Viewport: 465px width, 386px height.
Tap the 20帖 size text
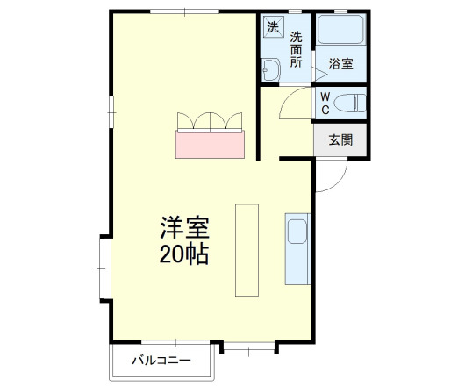tap(184, 255)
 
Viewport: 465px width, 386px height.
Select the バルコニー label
tap(162, 360)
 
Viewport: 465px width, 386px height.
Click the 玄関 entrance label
tap(340, 140)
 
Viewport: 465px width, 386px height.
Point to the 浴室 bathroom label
tap(340, 64)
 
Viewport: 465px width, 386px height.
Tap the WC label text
tap(325, 103)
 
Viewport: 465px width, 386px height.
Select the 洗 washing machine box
tap(272, 26)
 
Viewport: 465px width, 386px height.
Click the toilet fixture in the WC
tap(351, 103)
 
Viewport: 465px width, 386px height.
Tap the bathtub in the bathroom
tap(340, 32)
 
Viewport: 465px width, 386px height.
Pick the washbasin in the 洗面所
tap(269, 69)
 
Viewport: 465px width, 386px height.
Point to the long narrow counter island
tap(247, 250)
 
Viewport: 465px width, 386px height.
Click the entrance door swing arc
tap(328, 178)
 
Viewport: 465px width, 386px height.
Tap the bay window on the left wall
tap(103, 268)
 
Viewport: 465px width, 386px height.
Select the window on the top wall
tap(183, 12)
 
